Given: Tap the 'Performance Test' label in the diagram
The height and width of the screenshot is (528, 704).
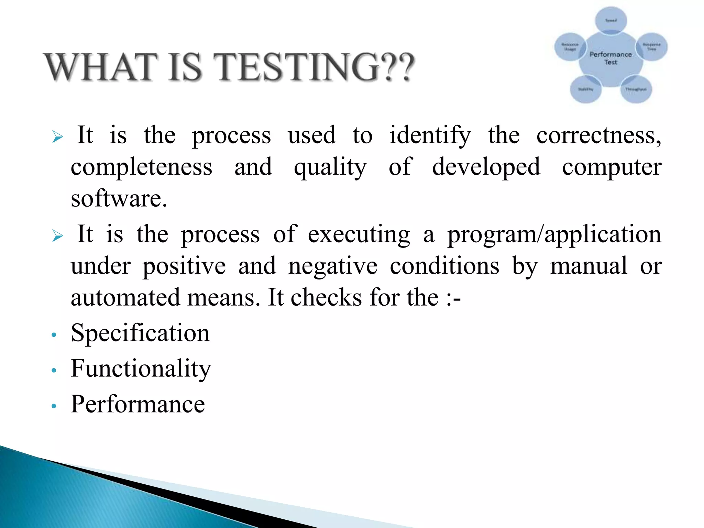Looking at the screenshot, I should click(611, 58).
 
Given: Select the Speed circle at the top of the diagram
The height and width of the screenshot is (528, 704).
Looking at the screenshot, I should click(611, 20).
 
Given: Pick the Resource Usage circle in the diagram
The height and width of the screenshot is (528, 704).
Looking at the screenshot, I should click(570, 47).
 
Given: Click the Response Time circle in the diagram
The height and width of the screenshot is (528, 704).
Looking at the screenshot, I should click(652, 47).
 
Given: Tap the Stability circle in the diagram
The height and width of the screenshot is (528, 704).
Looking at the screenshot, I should click(585, 89).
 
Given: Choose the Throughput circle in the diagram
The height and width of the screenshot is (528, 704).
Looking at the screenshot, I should click(636, 89).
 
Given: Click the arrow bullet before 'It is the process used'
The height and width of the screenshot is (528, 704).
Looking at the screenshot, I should click(58, 137).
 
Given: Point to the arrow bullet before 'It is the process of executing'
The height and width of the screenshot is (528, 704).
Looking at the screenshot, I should click(58, 236).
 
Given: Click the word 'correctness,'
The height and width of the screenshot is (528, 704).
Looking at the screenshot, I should click(598, 135).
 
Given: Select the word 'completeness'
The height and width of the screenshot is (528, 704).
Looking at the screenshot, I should click(141, 167).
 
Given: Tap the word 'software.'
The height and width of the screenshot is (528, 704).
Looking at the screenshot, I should click(119, 199).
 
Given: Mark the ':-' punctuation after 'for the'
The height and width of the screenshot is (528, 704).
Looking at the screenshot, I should click(453, 298).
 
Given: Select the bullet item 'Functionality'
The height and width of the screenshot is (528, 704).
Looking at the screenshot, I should click(141, 369).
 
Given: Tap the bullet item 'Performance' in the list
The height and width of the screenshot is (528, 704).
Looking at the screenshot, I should click(138, 404).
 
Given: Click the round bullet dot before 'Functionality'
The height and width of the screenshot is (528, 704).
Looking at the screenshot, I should click(53, 371).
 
